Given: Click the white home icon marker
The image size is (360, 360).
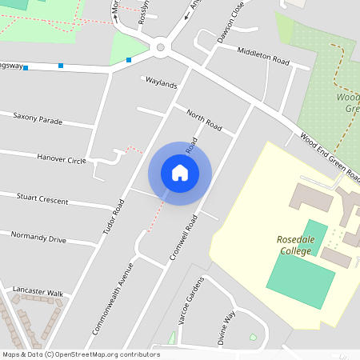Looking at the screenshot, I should pos(180,172).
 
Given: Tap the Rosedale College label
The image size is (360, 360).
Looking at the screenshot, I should pos(299,244).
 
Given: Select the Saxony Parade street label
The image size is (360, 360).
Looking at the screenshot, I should pos(37,117).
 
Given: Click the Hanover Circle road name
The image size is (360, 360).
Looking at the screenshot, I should pos(61,159).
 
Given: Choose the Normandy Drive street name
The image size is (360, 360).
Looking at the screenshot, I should pos(38,237).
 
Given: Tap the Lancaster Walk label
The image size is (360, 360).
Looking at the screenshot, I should pos(38,293).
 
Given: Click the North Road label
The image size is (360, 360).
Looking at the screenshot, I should pos(203,119).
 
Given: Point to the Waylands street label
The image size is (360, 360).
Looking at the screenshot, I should pos(160,83).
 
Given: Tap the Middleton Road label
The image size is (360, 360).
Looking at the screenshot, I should pos(263,55).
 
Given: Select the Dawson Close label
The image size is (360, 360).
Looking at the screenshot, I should pos(230,25).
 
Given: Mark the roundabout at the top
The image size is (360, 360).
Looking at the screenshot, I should pos(161,47).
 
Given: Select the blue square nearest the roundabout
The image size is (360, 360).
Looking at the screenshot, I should pos(129,59).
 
